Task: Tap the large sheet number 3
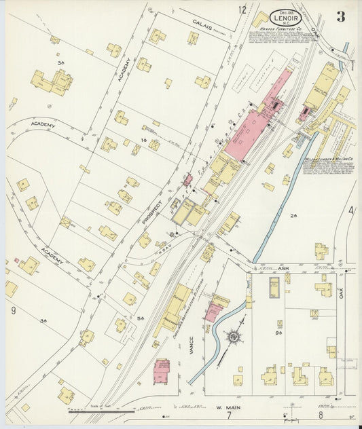tap(340, 17)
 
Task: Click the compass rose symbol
tap(233, 335)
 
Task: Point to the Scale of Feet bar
tap(92, 411)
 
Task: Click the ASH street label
tap(284, 269)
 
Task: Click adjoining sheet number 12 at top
tap(242, 10)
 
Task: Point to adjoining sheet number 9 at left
tap(13, 311)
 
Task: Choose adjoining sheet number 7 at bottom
tap(229, 415)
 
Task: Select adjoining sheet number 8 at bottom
tap(321, 414)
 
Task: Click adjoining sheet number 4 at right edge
tap(351, 211)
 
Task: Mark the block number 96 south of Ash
tap(278, 333)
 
